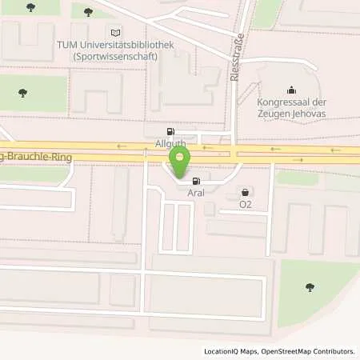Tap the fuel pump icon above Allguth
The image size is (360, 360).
point(169,131)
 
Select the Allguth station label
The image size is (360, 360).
point(170,143)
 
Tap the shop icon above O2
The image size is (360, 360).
point(245,192)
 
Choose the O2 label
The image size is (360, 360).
point(246,204)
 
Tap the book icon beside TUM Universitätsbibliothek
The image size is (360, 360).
point(118,32)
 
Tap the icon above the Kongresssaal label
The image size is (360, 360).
point(290,90)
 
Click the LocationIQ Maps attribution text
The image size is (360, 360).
point(232,351)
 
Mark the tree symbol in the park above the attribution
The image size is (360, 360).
point(309,287)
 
